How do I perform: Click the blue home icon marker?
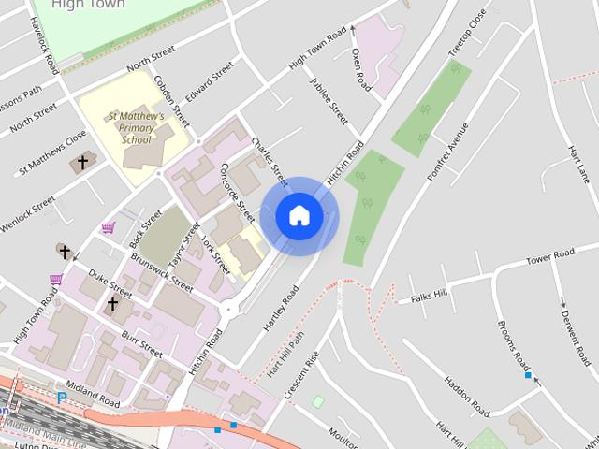(299, 215)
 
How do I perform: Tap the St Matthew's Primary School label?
(137, 128)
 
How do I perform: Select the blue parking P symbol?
(62, 398)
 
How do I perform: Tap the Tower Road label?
(549, 257)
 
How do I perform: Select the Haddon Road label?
(466, 398)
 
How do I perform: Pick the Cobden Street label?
(172, 102)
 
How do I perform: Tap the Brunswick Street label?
(162, 272)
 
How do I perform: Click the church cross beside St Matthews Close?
(81, 163)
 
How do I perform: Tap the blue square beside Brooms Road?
(529, 376)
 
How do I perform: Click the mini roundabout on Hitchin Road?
(227, 310)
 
